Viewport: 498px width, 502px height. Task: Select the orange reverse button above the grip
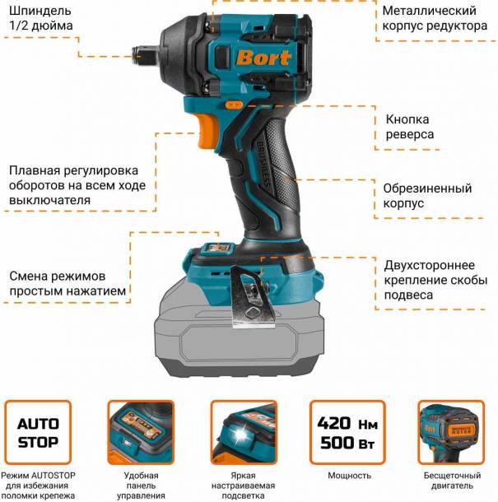pyautogui.click(x=235, y=105)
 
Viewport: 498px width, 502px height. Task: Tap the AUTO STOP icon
pyautogui.click(x=39, y=433)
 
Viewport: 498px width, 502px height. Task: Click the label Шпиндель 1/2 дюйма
pyautogui.click(x=40, y=19)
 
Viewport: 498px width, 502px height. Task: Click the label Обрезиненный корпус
pyautogui.click(x=427, y=195)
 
